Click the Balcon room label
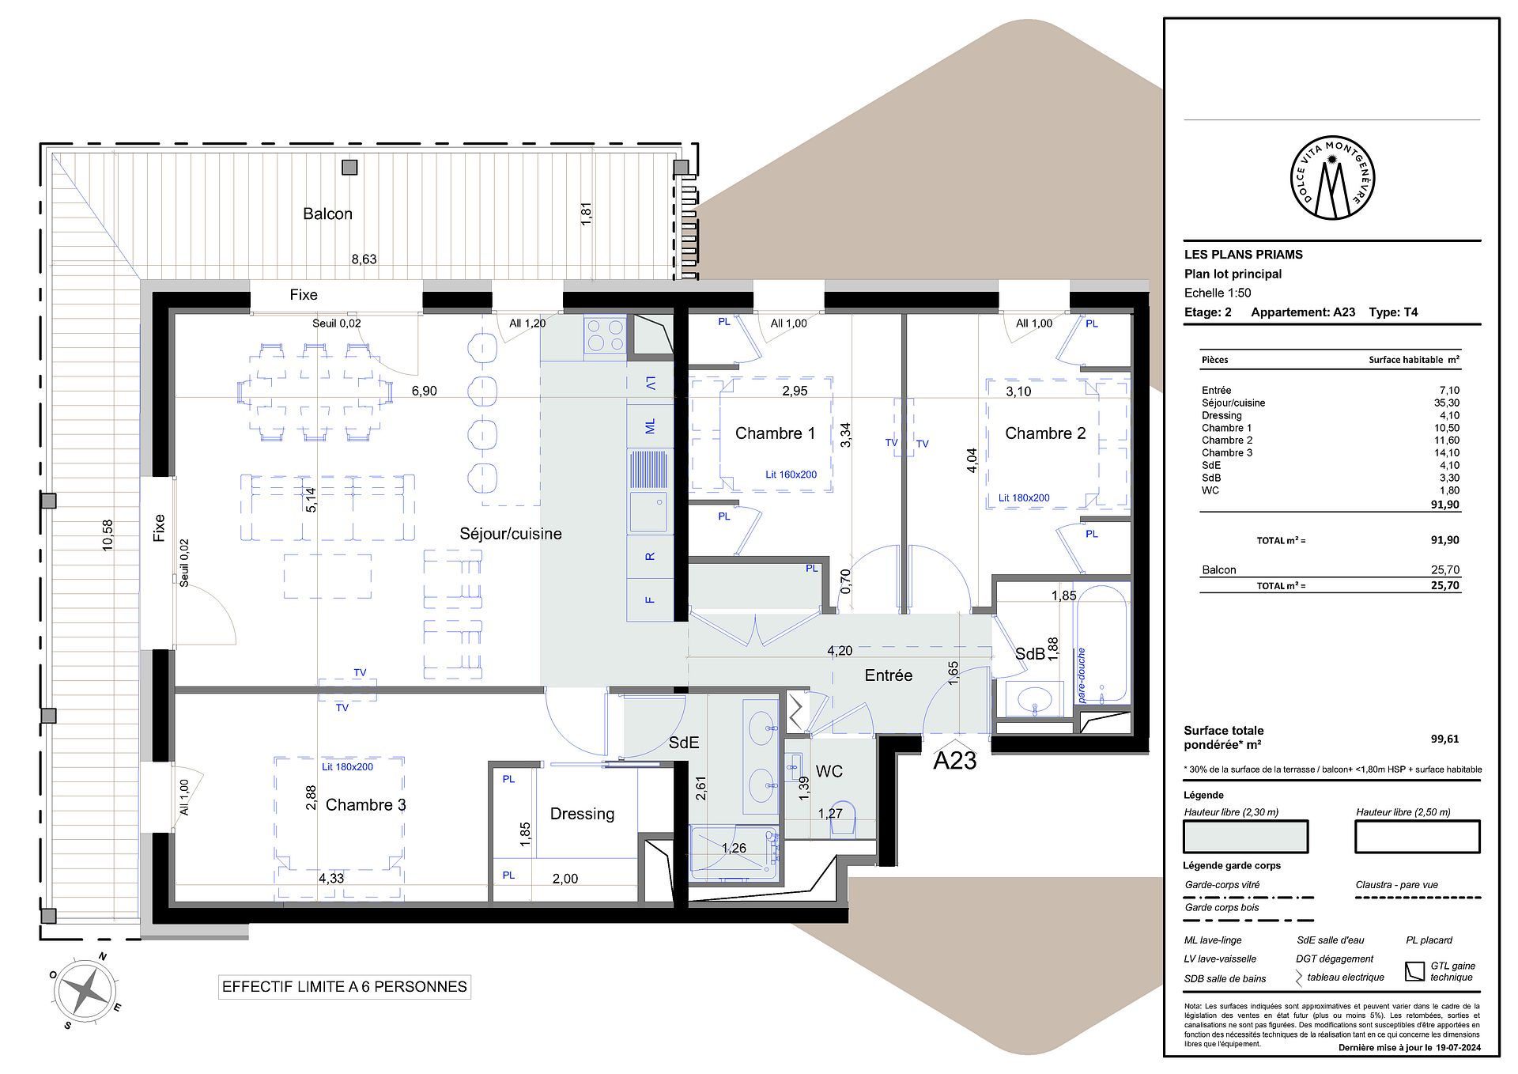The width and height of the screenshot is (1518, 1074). pos(327,214)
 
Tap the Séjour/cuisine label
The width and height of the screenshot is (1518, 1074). pos(511,534)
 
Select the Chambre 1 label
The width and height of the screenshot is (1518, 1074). pos(775,433)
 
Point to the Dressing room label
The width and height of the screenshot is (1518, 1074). pos(582,814)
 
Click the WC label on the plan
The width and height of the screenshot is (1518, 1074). pos(829,771)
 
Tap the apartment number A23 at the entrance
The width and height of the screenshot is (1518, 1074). pos(955,760)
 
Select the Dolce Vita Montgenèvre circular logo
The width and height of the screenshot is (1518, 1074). pos(1332,178)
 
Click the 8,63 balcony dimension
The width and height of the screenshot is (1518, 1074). pos(364,259)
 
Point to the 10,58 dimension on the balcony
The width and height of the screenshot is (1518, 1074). pos(108,535)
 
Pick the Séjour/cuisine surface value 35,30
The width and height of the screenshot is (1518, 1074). pos(1449,403)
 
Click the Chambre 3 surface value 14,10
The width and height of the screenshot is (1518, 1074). pos(1449,452)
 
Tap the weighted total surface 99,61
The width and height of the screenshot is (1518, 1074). pos(1444,739)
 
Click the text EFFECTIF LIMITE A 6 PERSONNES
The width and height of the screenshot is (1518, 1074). pos(345,986)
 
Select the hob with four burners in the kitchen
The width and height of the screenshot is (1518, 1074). pos(605,335)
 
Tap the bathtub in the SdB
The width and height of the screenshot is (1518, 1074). pos(1103,643)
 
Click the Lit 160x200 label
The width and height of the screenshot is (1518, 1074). pos(791,475)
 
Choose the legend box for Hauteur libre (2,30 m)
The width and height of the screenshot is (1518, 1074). pos(1245,837)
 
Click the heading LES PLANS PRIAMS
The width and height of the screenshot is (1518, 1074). pos(1243,255)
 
